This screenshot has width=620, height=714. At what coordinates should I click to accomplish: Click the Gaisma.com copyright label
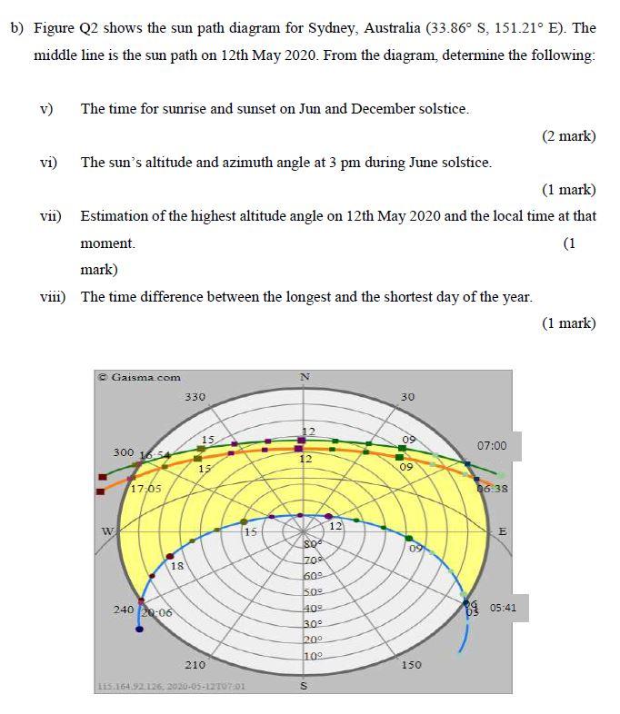pos(140,377)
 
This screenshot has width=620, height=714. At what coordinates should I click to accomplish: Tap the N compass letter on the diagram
pos(305,377)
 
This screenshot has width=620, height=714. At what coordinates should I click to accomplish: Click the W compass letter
pos(106,531)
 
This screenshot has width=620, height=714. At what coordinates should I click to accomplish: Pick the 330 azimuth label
pos(195,397)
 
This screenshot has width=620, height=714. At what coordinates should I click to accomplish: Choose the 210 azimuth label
pos(195,665)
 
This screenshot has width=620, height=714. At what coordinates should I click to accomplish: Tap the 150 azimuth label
pos(410,665)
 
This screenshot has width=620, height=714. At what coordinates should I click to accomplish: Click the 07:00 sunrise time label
pos(491,446)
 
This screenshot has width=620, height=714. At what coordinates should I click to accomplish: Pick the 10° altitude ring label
pos(314,655)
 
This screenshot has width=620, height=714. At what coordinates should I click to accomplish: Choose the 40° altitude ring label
pos(314,608)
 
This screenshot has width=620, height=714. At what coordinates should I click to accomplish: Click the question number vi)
pos(49,163)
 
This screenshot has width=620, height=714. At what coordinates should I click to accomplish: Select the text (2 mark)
pos(568,136)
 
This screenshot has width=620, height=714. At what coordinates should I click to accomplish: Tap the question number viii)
pos(53,296)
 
